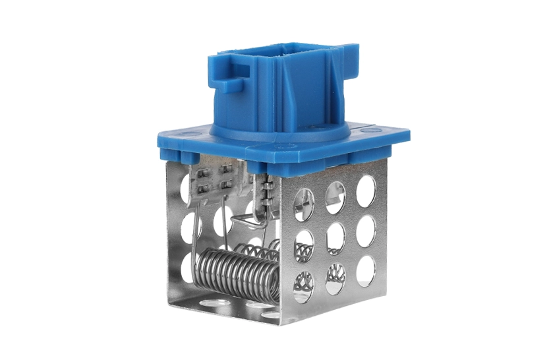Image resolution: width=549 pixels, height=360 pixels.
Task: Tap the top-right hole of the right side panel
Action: click(x=366, y=191)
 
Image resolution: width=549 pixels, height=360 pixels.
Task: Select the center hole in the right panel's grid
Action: click(x=335, y=234)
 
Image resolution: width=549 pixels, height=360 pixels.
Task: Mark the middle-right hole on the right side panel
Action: click(x=366, y=230)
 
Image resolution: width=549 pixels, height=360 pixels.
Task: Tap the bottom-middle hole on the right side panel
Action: click(x=335, y=276)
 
